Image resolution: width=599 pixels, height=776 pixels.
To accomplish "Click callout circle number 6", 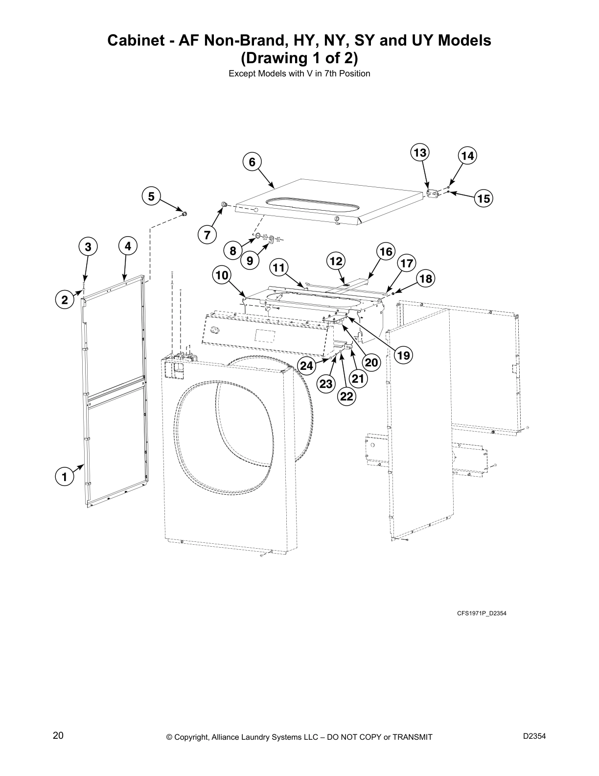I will (252, 162).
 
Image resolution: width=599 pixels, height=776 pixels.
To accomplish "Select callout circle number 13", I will (419, 153).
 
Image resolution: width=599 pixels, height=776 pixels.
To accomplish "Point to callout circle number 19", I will (404, 355).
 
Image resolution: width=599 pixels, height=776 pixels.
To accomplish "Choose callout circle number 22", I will (346, 396).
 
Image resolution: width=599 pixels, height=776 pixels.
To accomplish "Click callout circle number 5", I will (151, 196).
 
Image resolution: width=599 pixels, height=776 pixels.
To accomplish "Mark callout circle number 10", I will (222, 275).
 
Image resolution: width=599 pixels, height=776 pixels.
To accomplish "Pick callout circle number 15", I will (483, 198).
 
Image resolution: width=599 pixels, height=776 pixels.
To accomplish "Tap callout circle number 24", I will (306, 365).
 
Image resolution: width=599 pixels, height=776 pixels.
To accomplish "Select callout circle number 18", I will (425, 279).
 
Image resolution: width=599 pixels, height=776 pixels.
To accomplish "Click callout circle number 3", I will (88, 247).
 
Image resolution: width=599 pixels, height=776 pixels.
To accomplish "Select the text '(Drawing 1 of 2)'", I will (299, 58).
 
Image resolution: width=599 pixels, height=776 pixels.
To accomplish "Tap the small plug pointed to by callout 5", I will (185, 214).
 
